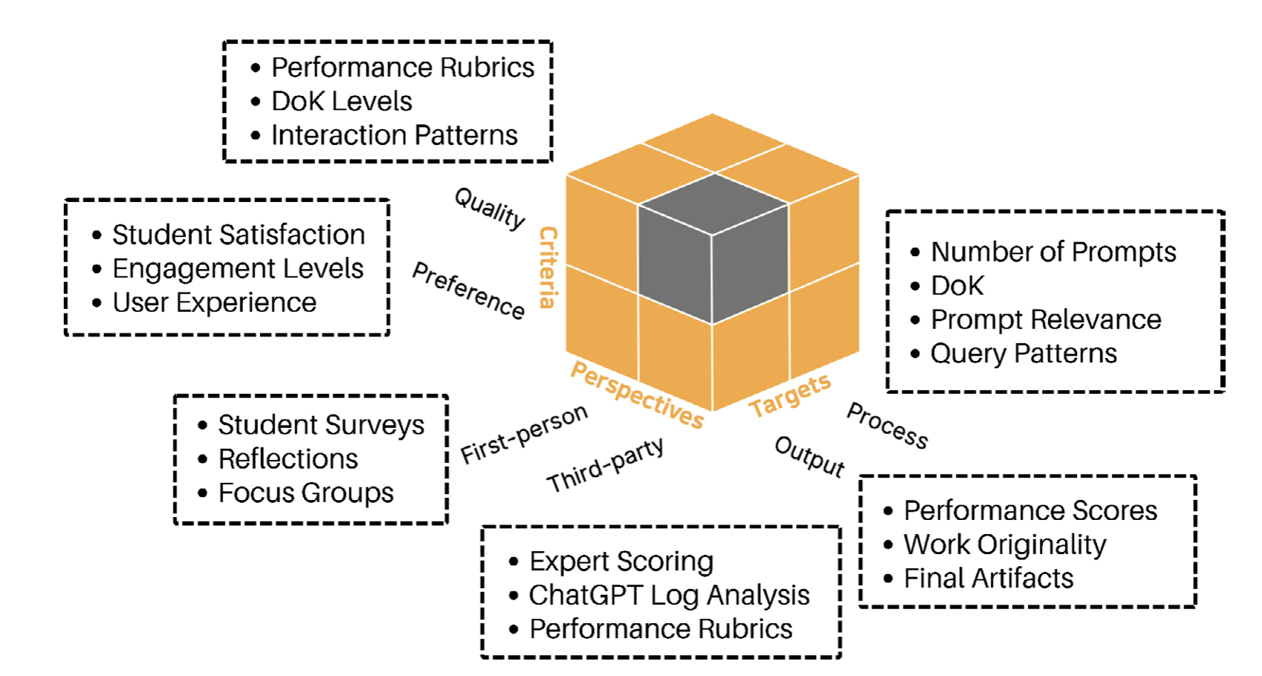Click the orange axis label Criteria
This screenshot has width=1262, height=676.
click(x=549, y=267)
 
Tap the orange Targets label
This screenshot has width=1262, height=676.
click(x=789, y=395)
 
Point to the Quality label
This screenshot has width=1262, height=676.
click(x=490, y=208)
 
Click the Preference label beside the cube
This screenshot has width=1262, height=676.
click(x=468, y=290)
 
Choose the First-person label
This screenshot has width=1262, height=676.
click(x=524, y=435)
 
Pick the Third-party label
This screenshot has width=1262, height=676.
click(x=605, y=465)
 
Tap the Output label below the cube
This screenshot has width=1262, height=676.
click(x=809, y=456)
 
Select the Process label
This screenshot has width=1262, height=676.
click(x=887, y=426)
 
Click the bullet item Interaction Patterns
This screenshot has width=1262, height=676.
click(x=394, y=135)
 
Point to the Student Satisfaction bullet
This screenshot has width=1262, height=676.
click(x=239, y=235)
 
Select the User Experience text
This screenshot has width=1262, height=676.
click(x=214, y=303)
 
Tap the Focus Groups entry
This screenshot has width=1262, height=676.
click(x=305, y=493)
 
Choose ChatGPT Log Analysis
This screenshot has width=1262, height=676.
click(x=669, y=595)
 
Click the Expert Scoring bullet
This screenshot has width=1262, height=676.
click(x=621, y=562)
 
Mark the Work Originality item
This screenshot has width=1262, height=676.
click(x=1005, y=545)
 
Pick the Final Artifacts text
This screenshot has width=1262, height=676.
click(x=988, y=579)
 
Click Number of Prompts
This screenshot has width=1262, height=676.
click(x=1053, y=252)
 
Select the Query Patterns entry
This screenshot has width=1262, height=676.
click(x=1023, y=354)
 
